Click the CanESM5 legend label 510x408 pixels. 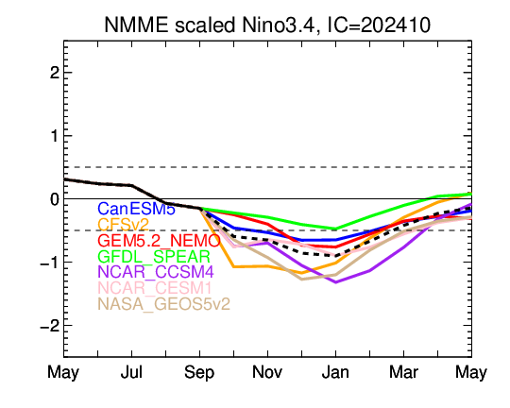coord(137,209)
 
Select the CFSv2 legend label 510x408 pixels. coord(124,225)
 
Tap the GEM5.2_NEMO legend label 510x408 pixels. coord(159,241)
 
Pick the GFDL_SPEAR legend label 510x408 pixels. coord(154,256)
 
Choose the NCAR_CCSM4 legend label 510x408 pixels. coord(156,272)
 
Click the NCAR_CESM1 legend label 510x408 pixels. coord(155,288)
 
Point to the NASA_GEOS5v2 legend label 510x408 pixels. coord(164,304)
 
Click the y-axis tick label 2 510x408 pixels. coord(55,73)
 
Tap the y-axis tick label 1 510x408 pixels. coord(55,136)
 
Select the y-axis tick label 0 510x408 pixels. coord(55,198)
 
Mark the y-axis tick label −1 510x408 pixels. coord(50,262)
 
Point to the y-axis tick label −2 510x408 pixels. coord(50,325)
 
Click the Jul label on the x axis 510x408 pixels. coord(131,372)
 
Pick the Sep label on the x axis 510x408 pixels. coord(199,372)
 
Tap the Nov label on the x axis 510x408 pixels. coord(267,372)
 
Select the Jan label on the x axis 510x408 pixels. coord(335,372)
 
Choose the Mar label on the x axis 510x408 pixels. coord(403,372)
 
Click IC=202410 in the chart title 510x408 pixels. coord(379,25)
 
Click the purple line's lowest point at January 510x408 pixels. coord(335,282)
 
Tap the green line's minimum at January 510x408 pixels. coord(335,229)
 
